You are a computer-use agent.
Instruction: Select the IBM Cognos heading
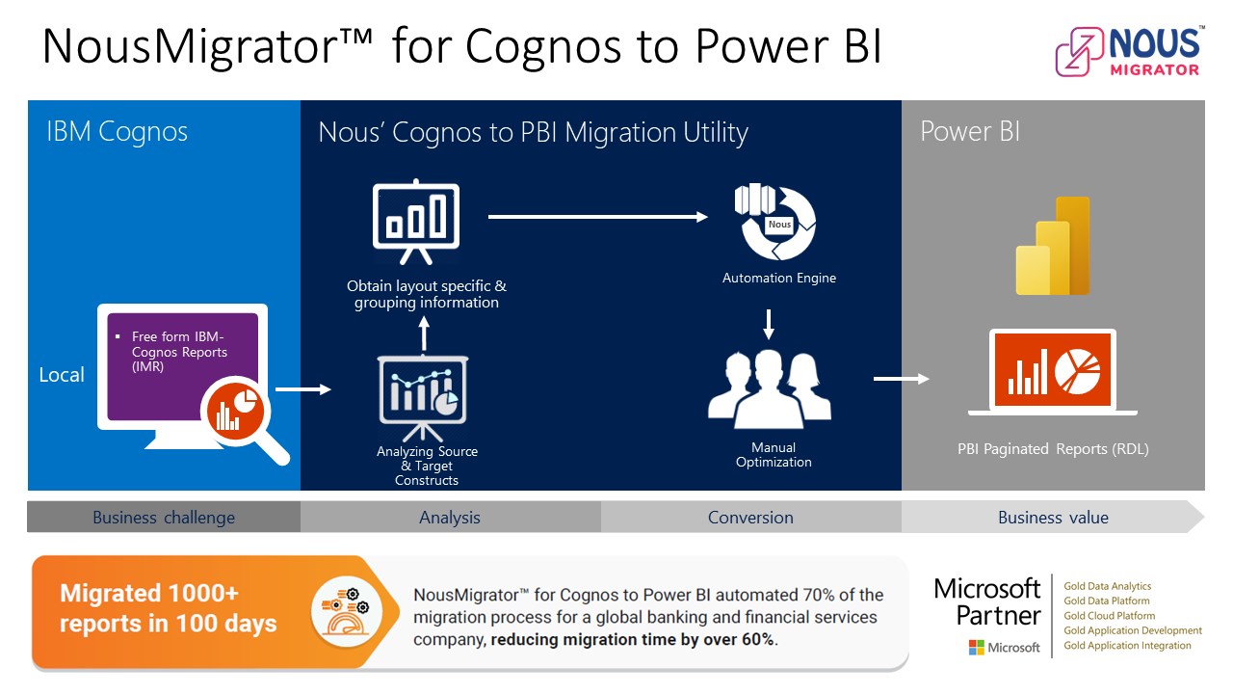[117, 132]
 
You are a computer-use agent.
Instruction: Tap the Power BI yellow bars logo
[1053, 246]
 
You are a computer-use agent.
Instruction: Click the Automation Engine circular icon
[775, 222]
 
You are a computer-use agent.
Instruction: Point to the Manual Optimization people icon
[769, 388]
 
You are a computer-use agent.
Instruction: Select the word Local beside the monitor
[62, 375]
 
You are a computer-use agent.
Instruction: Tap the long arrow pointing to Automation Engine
[598, 217]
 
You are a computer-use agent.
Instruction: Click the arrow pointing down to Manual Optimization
[769, 324]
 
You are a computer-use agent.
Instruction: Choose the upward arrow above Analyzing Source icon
[424, 334]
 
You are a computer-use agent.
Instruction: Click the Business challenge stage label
[164, 518]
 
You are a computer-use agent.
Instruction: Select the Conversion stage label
[750, 518]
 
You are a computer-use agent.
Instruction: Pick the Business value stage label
[1053, 518]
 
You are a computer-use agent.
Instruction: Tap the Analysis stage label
[450, 518]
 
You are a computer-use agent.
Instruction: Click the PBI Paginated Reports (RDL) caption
[1053, 449]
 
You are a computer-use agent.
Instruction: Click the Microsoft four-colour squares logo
[977, 647]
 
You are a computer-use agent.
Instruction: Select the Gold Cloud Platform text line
[1109, 616]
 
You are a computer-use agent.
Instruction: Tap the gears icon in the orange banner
[346, 611]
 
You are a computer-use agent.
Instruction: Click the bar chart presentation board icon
[416, 222]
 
